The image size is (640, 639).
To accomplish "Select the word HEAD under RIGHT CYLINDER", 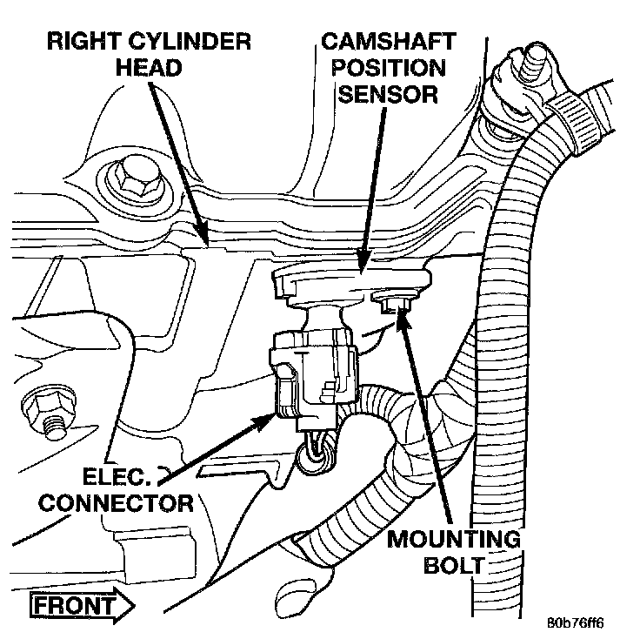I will click(x=150, y=68).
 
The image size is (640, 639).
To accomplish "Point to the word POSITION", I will click(x=383, y=67).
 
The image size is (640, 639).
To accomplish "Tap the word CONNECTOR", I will click(x=118, y=503).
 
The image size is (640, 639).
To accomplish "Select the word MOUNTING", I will click(x=453, y=539).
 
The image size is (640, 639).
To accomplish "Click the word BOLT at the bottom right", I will click(x=453, y=565).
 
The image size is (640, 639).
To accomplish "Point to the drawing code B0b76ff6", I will click(x=575, y=623).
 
